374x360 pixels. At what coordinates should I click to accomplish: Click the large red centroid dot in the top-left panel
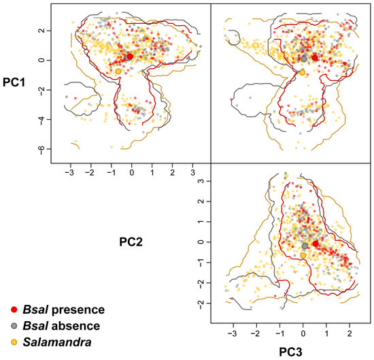pyautogui.click(x=131, y=56)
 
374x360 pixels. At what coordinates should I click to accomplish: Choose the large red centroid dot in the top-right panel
pyautogui.click(x=315, y=58)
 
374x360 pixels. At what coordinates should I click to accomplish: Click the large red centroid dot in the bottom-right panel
pyautogui.click(x=316, y=244)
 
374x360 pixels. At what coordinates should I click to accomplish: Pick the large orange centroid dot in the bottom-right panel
pyautogui.click(x=303, y=255)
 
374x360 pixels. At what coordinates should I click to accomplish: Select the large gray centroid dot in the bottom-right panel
pyautogui.click(x=305, y=246)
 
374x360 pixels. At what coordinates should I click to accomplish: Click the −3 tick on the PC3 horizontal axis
pyautogui.click(x=234, y=335)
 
